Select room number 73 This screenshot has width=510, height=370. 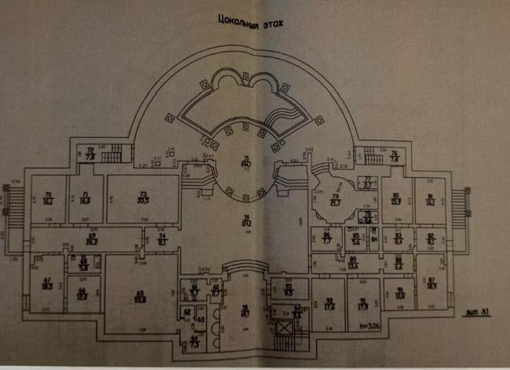click(x=143, y=197)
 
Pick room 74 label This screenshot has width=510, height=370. click(x=162, y=239)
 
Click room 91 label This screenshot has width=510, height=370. click(x=362, y=303)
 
